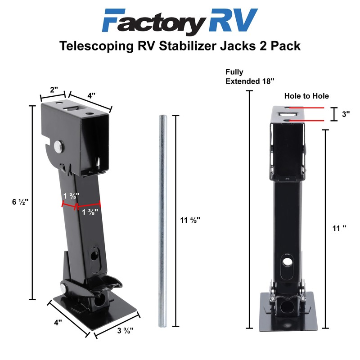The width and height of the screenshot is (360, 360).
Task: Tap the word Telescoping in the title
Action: coord(99,46)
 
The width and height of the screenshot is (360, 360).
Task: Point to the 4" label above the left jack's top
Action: coord(92,95)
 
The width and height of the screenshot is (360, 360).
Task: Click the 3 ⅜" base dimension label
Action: coord(125,330)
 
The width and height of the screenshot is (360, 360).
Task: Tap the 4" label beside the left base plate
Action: coord(58,323)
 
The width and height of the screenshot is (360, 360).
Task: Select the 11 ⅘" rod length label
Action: coord(189,220)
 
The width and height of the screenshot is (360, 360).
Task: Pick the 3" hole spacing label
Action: coord(346,114)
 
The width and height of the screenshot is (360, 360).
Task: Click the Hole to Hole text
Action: coord(306,96)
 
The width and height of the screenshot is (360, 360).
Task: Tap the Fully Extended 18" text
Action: coord(250,76)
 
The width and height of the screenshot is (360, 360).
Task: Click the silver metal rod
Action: coord(162,220)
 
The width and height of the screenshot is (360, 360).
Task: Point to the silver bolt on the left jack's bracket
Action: coord(59,146)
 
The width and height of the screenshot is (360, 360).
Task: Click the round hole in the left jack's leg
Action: coord(95,255)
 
